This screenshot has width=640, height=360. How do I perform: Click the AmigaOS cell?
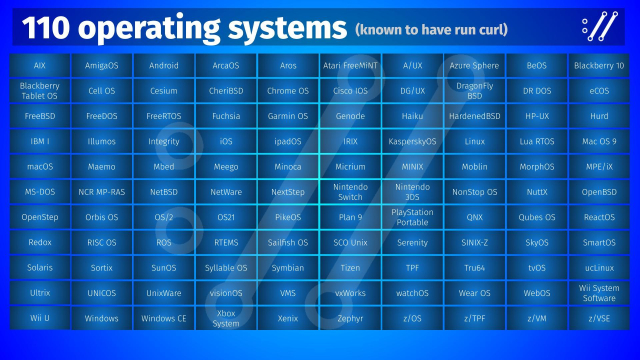pos(102,66)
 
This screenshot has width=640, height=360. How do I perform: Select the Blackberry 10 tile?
pos(599,66)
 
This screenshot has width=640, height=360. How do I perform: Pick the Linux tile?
pos(474,141)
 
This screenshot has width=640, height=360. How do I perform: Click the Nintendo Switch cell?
pos(350,191)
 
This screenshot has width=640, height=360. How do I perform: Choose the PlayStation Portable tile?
pos(412,216)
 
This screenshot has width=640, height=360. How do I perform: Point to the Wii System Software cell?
pos(599,293)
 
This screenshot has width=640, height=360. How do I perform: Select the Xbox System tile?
pos(226,318)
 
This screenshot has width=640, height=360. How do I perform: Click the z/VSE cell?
pos(599,318)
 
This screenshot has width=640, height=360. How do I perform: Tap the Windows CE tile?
pos(164,318)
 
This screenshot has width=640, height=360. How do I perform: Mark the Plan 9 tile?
pos(350,216)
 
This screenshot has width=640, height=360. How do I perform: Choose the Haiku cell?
pos(412,116)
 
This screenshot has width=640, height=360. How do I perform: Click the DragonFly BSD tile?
pos(474,91)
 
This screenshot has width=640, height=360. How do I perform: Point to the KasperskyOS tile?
pos(412,141)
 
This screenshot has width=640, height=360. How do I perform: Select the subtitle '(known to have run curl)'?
pos(429,29)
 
